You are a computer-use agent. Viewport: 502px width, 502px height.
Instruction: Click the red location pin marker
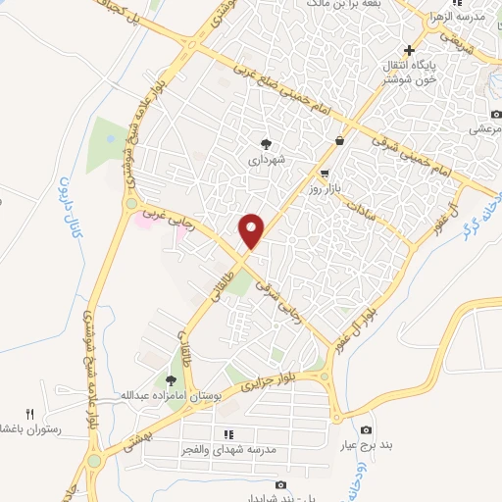252,230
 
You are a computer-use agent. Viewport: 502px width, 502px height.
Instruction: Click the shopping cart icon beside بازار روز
324,173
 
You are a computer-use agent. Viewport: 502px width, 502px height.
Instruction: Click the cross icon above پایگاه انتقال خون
410,51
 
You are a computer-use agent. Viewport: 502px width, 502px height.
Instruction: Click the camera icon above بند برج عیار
367,430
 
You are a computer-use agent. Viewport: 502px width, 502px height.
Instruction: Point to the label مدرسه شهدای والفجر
227,449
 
